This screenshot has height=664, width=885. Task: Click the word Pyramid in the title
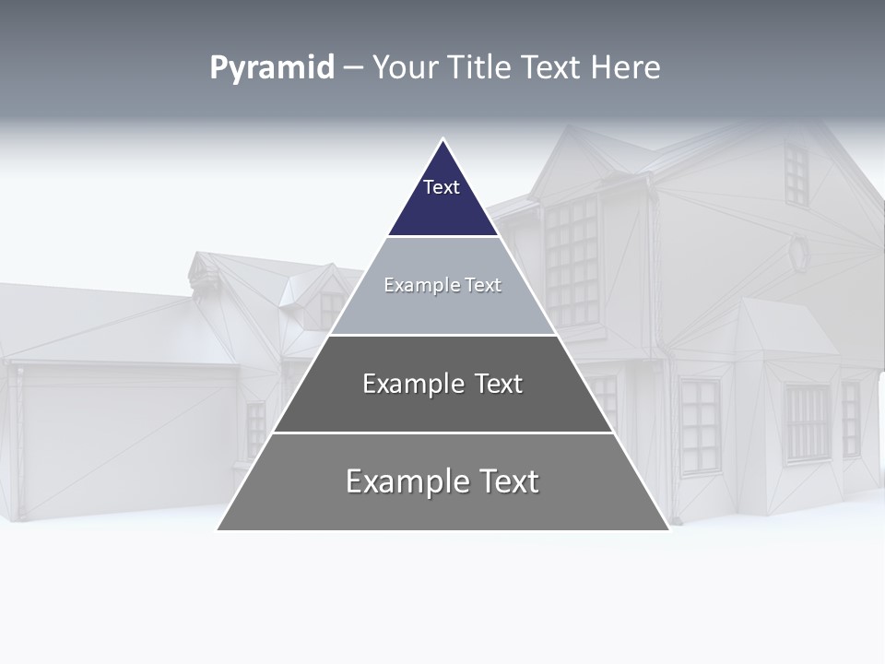[x=272, y=67]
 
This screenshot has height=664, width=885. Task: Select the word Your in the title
[x=403, y=67]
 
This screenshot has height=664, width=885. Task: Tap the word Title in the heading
[x=478, y=67]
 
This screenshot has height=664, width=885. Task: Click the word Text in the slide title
[x=551, y=67]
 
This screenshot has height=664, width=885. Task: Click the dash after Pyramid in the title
[x=352, y=68]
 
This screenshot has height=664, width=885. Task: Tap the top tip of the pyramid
[x=443, y=141]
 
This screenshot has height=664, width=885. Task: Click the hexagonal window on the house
[x=798, y=252]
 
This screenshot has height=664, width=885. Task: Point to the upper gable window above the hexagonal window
[x=796, y=174]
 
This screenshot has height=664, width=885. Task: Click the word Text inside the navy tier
[x=442, y=187]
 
